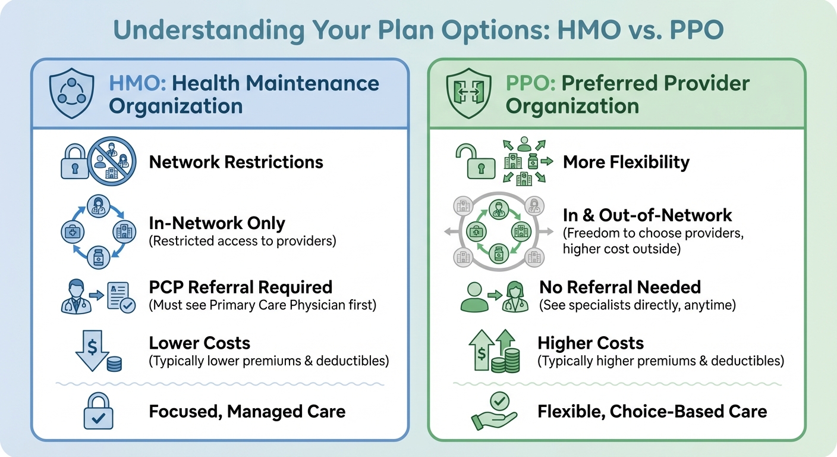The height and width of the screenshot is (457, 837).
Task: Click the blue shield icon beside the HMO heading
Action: point(71,93)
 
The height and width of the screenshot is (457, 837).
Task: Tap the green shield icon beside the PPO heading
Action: point(468,93)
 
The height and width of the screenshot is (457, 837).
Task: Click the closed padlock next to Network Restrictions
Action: point(75,162)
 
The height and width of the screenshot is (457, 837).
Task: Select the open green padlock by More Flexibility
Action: point(476,162)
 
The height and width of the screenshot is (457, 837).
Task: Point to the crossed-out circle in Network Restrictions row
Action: point(112,161)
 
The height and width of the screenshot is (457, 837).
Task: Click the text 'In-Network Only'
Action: point(217,223)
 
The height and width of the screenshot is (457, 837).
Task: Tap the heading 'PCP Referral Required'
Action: point(241,287)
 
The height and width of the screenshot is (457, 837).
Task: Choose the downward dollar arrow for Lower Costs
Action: point(92,350)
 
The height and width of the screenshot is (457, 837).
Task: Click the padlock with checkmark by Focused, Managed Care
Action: point(98,411)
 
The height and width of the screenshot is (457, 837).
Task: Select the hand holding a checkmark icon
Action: point(495,411)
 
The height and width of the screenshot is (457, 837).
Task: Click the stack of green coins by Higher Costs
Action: point(505,361)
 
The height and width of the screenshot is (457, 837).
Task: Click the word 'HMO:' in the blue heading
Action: point(137,83)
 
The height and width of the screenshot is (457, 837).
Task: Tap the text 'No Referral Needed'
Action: point(620,287)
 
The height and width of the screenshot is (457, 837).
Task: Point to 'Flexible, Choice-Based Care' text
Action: point(652,411)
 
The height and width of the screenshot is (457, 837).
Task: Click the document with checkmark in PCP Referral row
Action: point(121,297)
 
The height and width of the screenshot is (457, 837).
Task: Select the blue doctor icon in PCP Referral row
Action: point(76,296)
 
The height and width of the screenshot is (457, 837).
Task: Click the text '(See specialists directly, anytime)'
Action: point(637,305)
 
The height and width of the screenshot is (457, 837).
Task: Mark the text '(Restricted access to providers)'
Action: point(243,241)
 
